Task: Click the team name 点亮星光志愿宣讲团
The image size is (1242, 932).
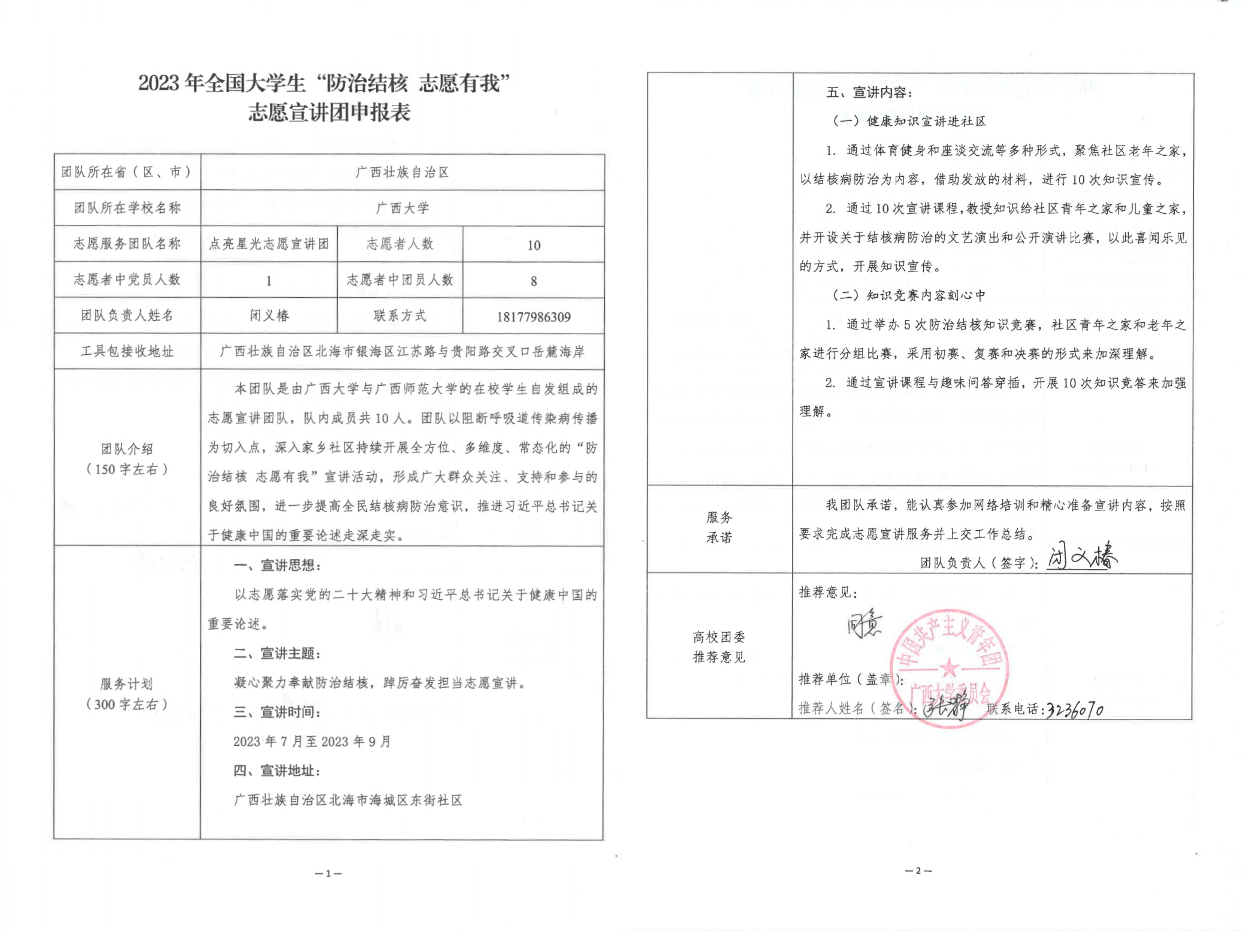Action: (269, 244)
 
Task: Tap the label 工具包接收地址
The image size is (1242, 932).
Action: (127, 352)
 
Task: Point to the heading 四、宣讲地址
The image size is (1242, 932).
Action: (277, 771)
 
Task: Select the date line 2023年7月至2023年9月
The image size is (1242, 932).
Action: (312, 741)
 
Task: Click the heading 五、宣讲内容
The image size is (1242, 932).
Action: (869, 93)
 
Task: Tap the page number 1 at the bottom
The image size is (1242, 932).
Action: (328, 873)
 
